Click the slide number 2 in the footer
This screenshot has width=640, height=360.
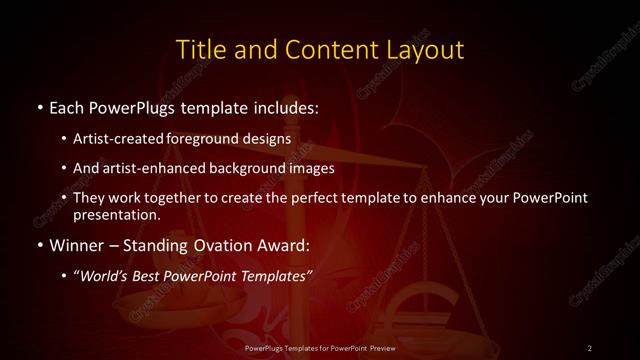click(590, 347)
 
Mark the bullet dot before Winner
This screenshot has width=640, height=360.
click(39, 245)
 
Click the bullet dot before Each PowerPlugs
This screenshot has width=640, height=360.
click(39, 106)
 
